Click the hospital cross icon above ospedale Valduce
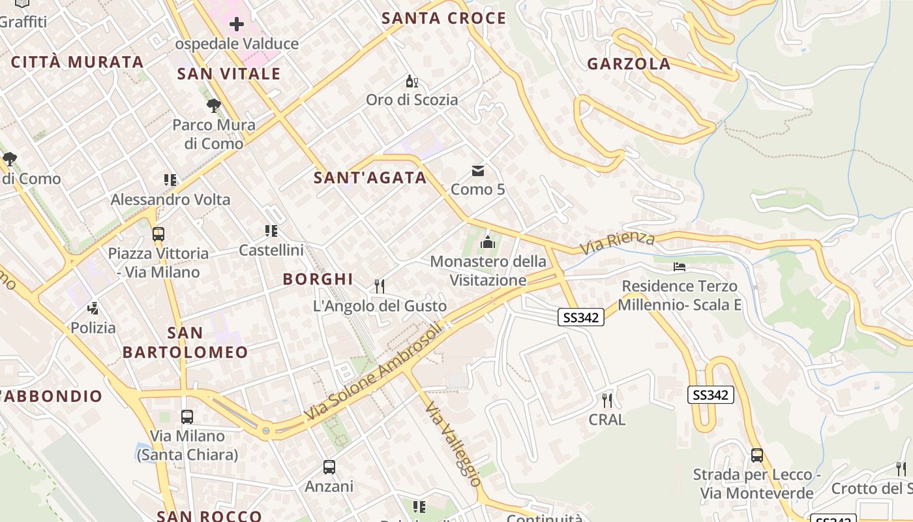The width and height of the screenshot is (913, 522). (x=237, y=25)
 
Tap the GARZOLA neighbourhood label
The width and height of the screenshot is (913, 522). (x=629, y=64)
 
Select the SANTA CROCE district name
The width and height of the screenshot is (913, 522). (x=443, y=18)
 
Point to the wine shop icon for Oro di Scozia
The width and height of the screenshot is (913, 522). (x=412, y=82)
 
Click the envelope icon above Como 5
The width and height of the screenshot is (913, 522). (x=478, y=171)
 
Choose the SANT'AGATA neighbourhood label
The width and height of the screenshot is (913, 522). (x=370, y=177)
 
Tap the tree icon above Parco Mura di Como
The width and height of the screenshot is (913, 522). (x=213, y=106)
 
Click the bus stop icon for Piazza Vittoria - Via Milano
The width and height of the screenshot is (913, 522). (x=158, y=234)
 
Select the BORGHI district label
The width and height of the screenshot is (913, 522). (x=318, y=279)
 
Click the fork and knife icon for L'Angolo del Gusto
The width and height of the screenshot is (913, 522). (x=380, y=286)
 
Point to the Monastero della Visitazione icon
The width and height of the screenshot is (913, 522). (x=487, y=243)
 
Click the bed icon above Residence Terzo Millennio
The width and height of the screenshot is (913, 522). (x=679, y=267)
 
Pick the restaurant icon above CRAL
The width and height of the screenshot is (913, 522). (x=607, y=400)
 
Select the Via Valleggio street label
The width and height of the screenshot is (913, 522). (x=453, y=445)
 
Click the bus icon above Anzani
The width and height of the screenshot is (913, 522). (x=329, y=467)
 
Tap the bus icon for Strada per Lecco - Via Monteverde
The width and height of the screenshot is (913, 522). (x=756, y=455)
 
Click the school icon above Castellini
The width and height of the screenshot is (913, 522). (x=271, y=230)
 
